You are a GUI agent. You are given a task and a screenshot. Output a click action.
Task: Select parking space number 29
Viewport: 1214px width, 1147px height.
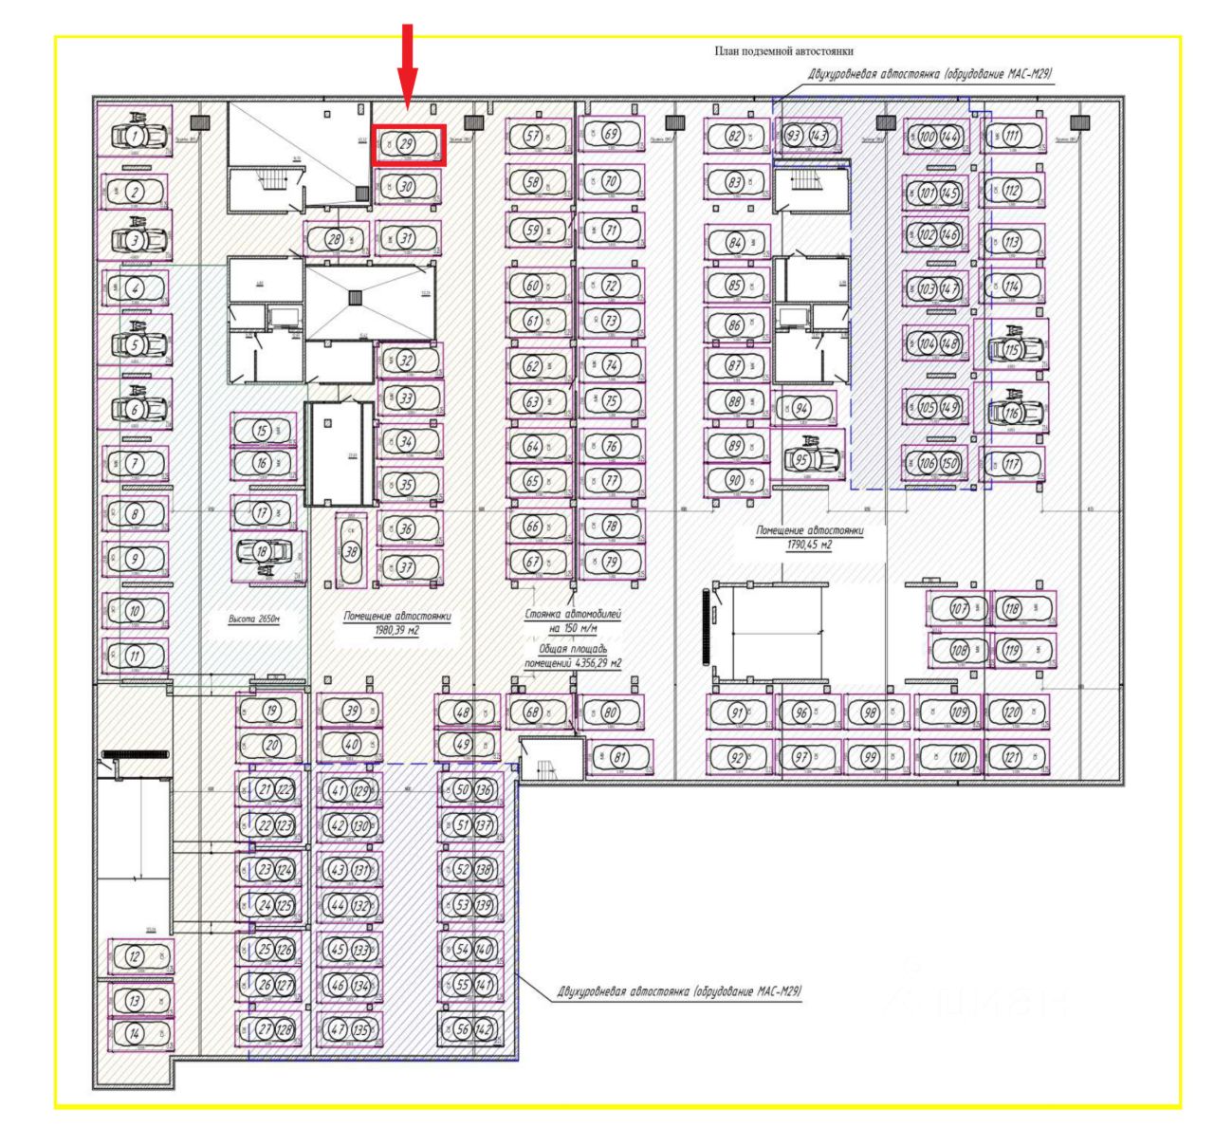pyautogui.click(x=408, y=145)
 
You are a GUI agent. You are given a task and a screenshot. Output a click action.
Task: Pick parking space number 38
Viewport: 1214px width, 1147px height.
pyautogui.click(x=351, y=551)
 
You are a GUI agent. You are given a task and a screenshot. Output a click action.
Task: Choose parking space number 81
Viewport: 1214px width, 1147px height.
pyautogui.click(x=620, y=757)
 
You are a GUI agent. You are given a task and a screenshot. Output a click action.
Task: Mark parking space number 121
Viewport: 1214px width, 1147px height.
pyautogui.click(x=1012, y=756)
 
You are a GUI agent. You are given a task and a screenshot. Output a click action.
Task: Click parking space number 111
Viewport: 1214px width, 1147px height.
pyautogui.click(x=1012, y=136)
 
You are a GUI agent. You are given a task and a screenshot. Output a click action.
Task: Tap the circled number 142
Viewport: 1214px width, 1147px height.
pyautogui.click(x=484, y=1029)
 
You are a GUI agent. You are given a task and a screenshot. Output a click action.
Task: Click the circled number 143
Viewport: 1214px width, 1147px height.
pyautogui.click(x=818, y=136)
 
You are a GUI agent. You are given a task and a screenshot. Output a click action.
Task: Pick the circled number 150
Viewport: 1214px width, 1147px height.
pyautogui.click(x=948, y=464)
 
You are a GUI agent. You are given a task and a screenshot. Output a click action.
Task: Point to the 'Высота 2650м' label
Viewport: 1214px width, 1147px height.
pyautogui.click(x=254, y=619)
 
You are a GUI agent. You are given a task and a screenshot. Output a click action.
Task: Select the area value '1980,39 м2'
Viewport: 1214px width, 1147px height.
pyautogui.click(x=396, y=630)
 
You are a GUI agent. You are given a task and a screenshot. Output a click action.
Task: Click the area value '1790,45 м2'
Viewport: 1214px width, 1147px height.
pyautogui.click(x=809, y=545)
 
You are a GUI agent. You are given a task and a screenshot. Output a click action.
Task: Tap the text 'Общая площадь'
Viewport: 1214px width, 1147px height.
pyautogui.click(x=573, y=650)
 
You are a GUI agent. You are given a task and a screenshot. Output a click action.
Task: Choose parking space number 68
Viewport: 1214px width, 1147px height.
pyautogui.click(x=532, y=712)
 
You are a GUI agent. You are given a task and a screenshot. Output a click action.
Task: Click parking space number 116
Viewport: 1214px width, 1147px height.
pyautogui.click(x=1012, y=413)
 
